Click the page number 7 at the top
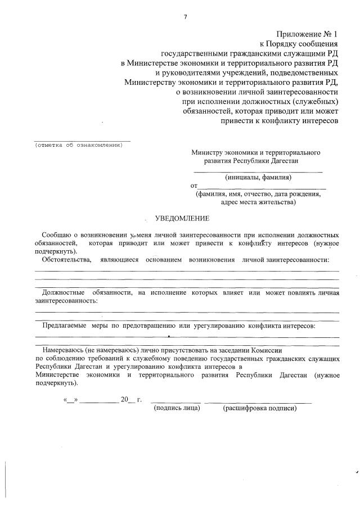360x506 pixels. [185, 17]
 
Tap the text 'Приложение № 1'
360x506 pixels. [308, 34]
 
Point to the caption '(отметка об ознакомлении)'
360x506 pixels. [78, 144]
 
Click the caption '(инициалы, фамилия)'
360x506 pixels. [258, 177]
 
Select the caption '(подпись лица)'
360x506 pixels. [177, 408]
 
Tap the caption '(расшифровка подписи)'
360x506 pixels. [259, 408]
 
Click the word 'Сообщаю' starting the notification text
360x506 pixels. [56, 234]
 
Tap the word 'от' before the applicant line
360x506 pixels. [194, 186]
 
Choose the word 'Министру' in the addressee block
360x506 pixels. [206, 152]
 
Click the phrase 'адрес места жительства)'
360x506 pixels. [258, 202]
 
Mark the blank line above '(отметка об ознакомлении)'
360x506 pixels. [82, 140]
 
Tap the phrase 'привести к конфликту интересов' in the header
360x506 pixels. [280, 121]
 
